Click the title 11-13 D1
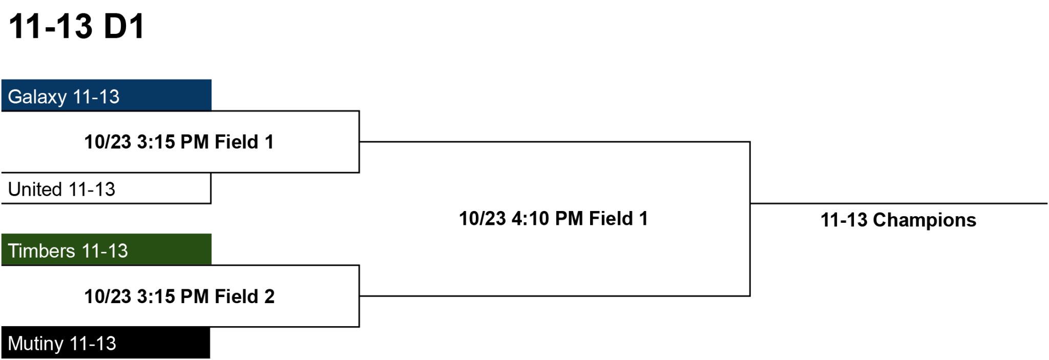pos(77,26)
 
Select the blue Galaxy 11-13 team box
pos(107,95)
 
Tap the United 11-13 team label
pos(61,189)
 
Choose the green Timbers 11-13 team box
pos(107,249)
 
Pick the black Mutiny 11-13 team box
pos(106,343)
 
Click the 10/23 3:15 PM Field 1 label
pos(179,142)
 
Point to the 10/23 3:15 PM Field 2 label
pos(179,297)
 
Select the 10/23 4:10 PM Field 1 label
pos(554,219)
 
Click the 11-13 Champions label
pos(898,220)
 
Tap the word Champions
pos(925,220)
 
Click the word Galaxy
pos(37,97)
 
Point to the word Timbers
pos(41,251)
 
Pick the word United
pos(35,189)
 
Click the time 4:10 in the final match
pos(530,219)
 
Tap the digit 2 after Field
pos(269,297)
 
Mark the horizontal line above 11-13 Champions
pos(899,203)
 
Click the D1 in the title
pos(124,26)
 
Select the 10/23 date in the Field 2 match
pos(108,297)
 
